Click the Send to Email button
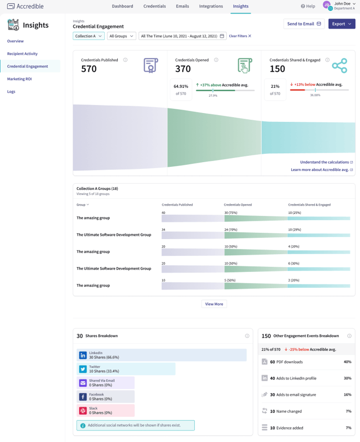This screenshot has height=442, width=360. point(304,24)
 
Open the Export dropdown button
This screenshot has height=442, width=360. point(342,24)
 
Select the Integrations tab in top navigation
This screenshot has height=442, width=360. point(211,6)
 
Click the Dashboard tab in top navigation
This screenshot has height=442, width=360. point(122,6)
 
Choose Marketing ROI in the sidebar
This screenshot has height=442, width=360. point(19,79)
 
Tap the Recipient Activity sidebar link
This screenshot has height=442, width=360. point(22,54)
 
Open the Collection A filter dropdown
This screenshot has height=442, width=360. point(88,36)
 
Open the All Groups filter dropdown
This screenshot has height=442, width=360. point(121,36)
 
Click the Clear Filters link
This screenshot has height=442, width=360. point(240,36)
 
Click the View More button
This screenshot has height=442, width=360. point(214,304)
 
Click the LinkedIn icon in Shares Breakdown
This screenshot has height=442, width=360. point(83,355)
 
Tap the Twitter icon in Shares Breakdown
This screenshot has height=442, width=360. point(83,369)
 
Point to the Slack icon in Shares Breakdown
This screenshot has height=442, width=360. point(83,410)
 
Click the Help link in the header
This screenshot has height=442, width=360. point(308,6)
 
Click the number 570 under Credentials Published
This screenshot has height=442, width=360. point(89,69)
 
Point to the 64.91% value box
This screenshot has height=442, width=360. point(181,89)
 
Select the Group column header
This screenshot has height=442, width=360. point(83,205)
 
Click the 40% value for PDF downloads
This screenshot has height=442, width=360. point(347,362)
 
